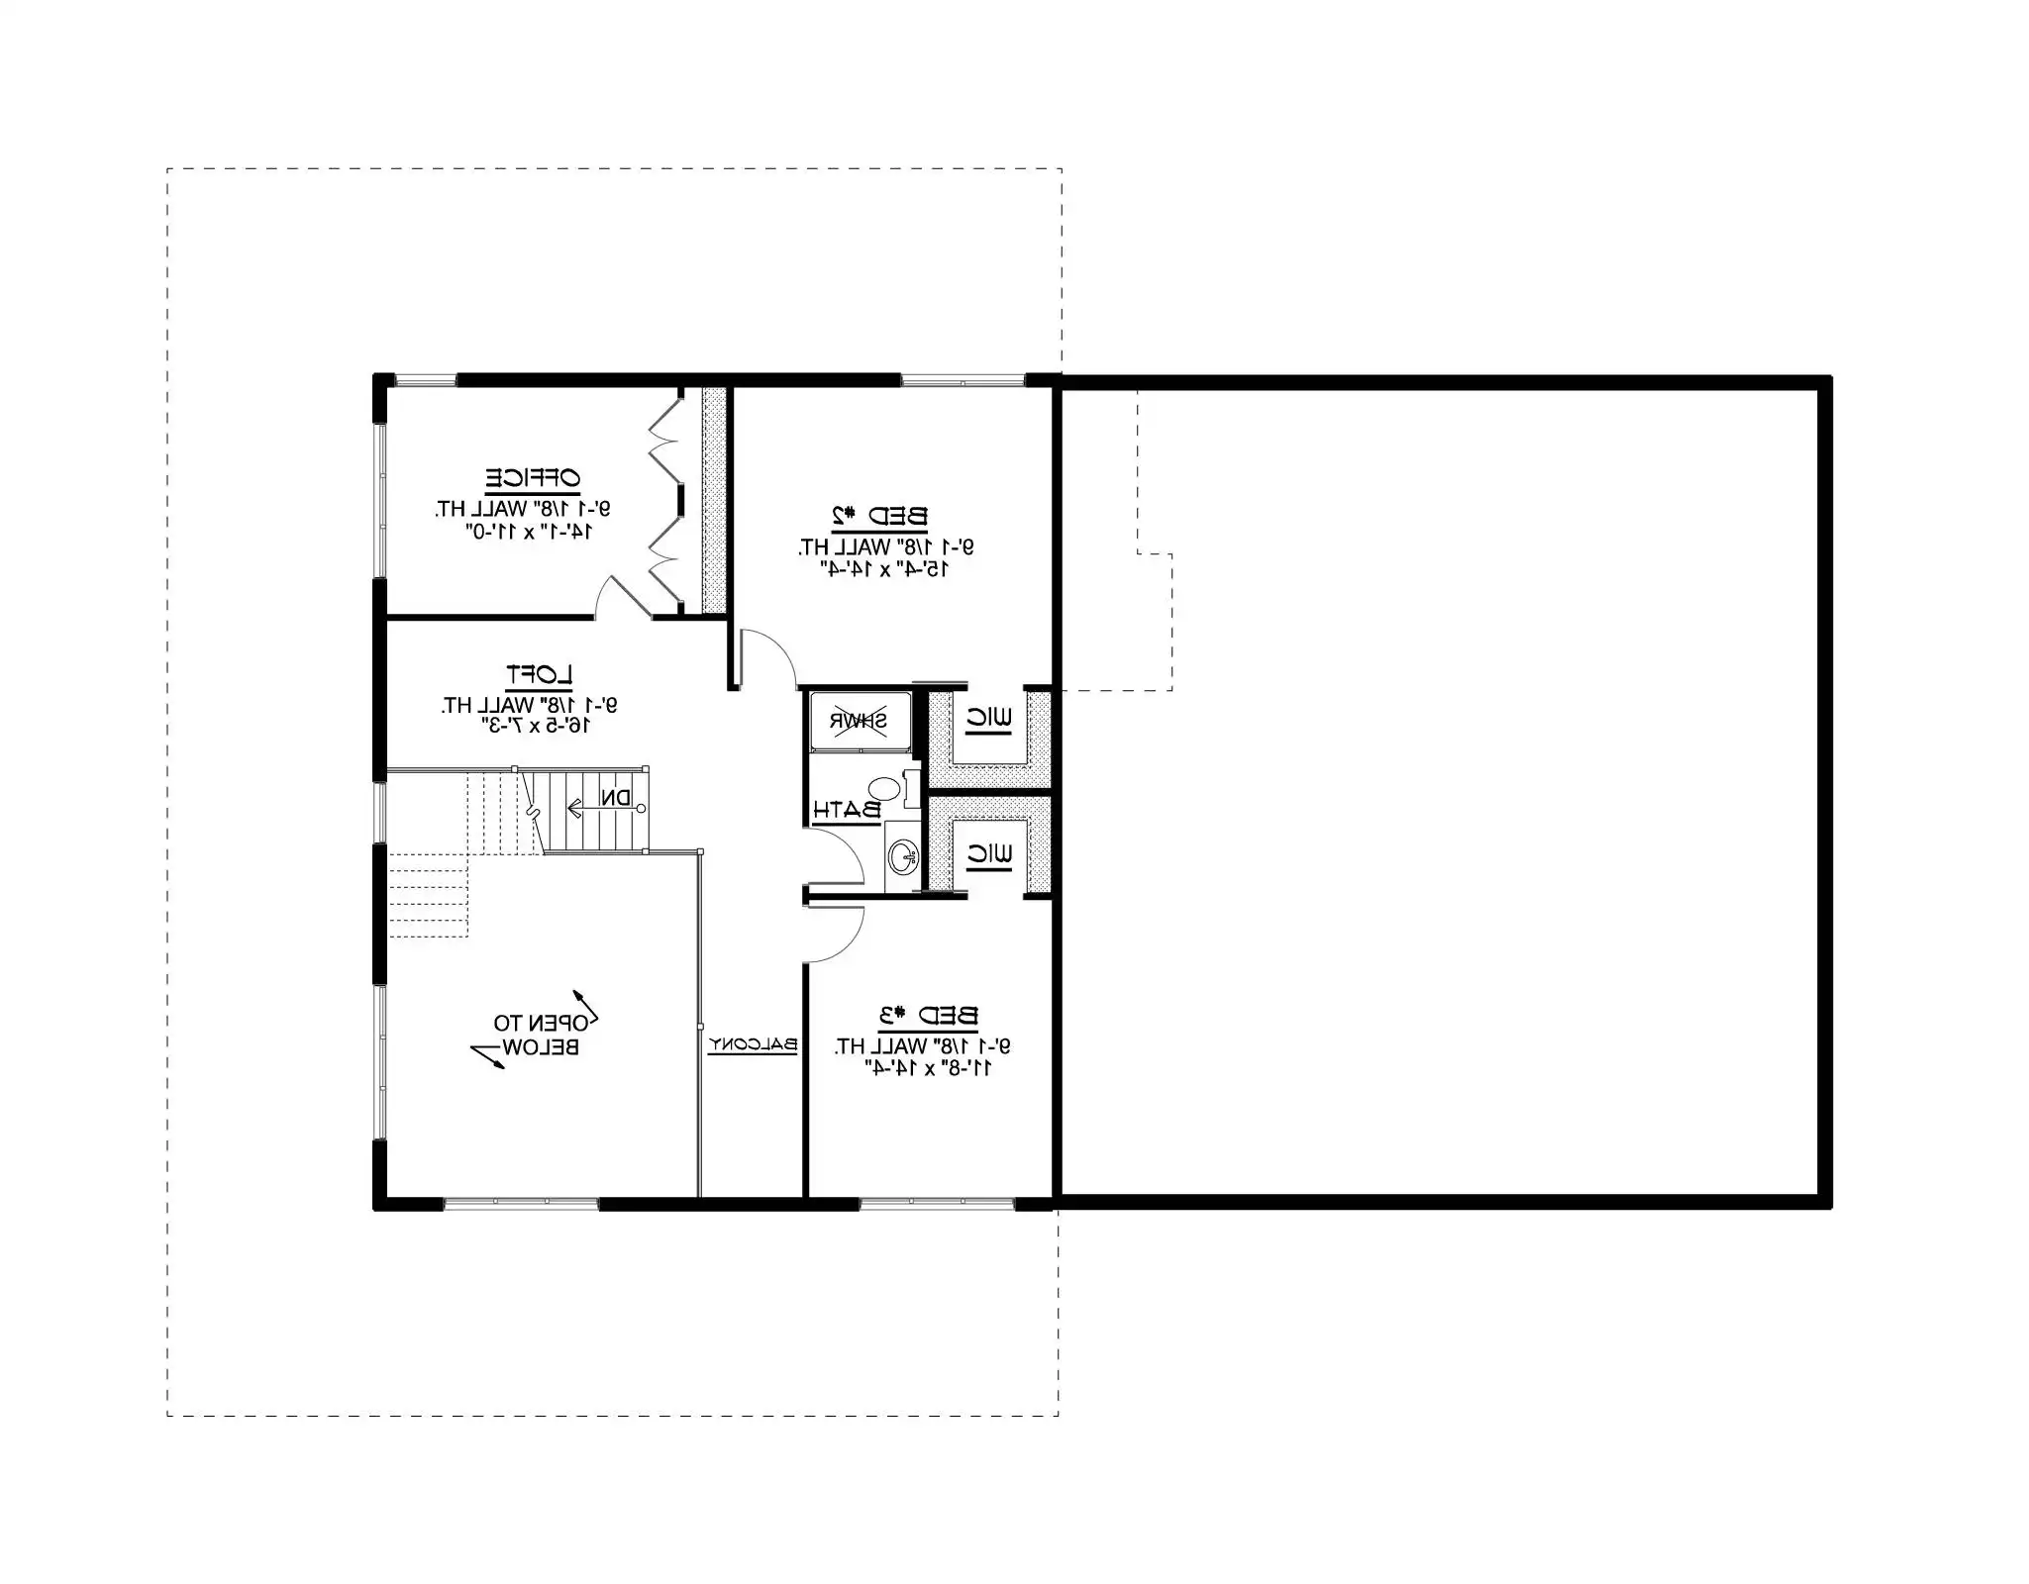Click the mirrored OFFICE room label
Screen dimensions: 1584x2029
[x=532, y=478]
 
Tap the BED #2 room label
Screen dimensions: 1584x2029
[x=878, y=516]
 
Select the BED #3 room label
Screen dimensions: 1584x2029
[x=928, y=1016]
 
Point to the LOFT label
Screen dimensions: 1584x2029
[x=539, y=676]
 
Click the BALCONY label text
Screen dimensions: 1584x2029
[x=753, y=1044]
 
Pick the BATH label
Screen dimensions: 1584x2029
[x=847, y=810]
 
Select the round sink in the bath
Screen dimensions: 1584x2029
[x=902, y=856]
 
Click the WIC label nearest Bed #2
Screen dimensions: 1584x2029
[x=988, y=720]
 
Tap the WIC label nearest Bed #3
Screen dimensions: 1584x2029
[x=988, y=854]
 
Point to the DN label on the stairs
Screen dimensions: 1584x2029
[x=615, y=798]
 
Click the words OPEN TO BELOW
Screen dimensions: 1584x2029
[x=536, y=1035]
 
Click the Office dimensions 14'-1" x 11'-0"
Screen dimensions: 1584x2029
[x=529, y=532]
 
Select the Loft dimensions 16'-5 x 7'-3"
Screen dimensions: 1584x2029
[x=535, y=726]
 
